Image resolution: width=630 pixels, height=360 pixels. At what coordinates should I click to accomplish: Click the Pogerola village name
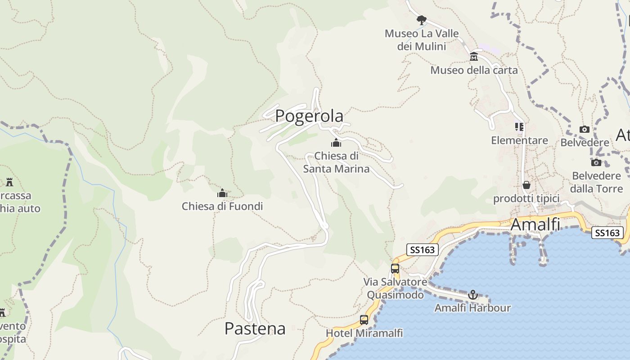[309, 116]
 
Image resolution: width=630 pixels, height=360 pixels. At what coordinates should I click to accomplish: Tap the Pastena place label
[255, 328]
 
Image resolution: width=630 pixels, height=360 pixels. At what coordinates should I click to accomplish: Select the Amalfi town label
[535, 224]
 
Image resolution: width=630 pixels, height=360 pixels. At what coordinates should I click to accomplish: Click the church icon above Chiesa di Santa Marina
[336, 144]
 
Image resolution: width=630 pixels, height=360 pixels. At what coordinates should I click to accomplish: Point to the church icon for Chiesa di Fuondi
[222, 193]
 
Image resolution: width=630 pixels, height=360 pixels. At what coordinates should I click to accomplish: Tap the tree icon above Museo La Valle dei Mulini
[421, 20]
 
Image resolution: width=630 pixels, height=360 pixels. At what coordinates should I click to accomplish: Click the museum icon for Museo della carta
[474, 57]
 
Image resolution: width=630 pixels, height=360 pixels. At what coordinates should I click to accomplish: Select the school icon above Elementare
[519, 127]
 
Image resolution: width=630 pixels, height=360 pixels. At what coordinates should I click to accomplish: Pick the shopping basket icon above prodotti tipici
[526, 185]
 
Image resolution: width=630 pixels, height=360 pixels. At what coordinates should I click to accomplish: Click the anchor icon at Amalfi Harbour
[472, 295]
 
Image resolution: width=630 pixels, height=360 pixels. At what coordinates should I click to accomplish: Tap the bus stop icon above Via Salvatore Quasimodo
[395, 269]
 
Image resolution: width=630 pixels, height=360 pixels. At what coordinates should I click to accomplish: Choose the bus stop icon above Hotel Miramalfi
[364, 320]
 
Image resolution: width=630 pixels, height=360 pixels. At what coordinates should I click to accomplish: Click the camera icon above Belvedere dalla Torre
[596, 162]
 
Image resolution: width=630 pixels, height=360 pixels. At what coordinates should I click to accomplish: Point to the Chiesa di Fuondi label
[222, 206]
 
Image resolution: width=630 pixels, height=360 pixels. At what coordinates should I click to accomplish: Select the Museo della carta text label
[474, 70]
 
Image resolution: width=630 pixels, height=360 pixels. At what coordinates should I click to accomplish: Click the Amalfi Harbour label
[472, 308]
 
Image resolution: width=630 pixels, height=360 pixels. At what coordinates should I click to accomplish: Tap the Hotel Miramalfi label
[364, 333]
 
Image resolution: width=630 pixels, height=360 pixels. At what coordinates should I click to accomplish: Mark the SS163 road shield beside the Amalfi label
[607, 233]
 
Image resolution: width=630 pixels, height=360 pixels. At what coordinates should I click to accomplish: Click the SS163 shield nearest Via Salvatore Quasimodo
[422, 249]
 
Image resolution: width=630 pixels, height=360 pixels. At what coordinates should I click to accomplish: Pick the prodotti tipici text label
[526, 198]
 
